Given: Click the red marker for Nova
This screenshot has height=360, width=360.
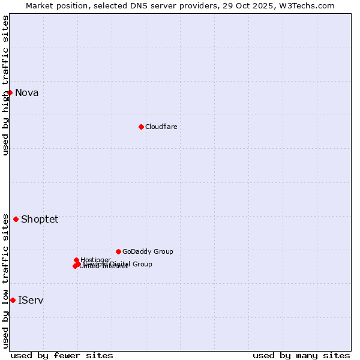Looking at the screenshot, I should click(x=10, y=92).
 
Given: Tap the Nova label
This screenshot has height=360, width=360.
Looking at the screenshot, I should click(x=26, y=92).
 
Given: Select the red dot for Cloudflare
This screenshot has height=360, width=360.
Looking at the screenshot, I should click(x=141, y=127).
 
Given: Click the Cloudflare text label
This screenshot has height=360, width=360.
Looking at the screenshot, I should click(x=161, y=127).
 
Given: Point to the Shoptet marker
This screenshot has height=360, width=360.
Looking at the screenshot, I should click(x=16, y=219).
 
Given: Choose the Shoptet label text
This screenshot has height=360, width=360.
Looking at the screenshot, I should click(x=40, y=219).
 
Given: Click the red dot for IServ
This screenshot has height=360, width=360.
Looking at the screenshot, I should click(x=13, y=300).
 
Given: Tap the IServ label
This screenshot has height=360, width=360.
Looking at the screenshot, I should click(x=31, y=300).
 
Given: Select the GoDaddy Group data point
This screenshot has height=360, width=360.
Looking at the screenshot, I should click(x=118, y=251).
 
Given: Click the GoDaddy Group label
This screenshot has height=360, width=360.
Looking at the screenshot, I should click(x=148, y=251).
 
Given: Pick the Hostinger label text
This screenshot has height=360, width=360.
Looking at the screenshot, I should click(x=95, y=260).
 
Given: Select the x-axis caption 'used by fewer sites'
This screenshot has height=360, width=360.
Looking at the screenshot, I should click(x=62, y=355).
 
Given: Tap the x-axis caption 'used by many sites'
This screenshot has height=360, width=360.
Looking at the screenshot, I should click(x=301, y=355).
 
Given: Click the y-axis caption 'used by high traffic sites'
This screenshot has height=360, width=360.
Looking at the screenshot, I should click(x=5, y=85).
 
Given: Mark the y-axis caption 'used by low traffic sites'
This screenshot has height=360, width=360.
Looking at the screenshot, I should click(x=5, y=280).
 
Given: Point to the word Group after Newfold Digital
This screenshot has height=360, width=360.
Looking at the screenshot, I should click(x=142, y=264).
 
